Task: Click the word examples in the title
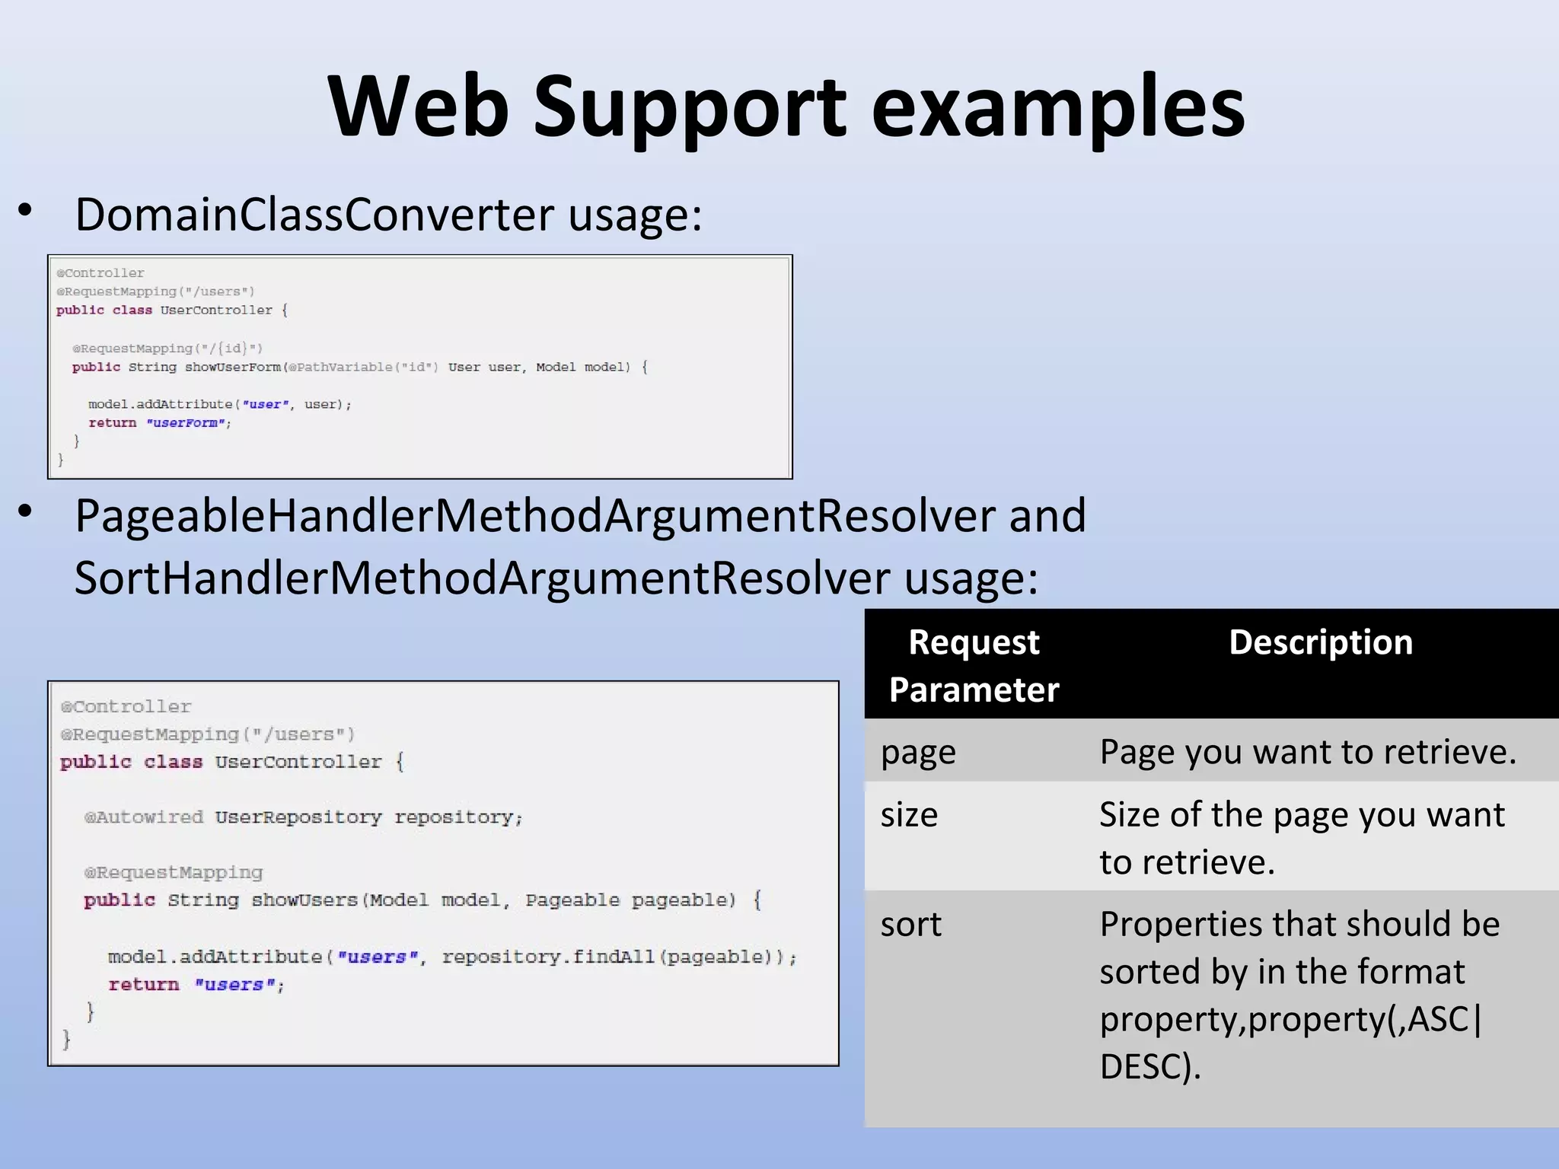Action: [x=1057, y=108]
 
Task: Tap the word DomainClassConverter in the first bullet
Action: [x=315, y=215]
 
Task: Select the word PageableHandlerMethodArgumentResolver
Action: [x=534, y=516]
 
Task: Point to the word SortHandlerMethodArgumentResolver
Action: [x=482, y=578]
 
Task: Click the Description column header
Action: [x=1320, y=643]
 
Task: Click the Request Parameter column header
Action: [x=974, y=666]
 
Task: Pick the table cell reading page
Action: [x=918, y=753]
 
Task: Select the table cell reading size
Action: [x=909, y=815]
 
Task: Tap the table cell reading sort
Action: [x=910, y=925]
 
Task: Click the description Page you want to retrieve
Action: [x=1307, y=753]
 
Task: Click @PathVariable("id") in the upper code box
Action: [x=363, y=368]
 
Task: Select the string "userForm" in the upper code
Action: [x=187, y=423]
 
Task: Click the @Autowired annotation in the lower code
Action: [x=144, y=817]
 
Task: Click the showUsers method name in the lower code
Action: [x=304, y=900]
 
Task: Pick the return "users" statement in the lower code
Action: [x=196, y=985]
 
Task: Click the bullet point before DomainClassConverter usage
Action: [x=26, y=211]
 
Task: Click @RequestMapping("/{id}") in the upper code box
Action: [x=167, y=349]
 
